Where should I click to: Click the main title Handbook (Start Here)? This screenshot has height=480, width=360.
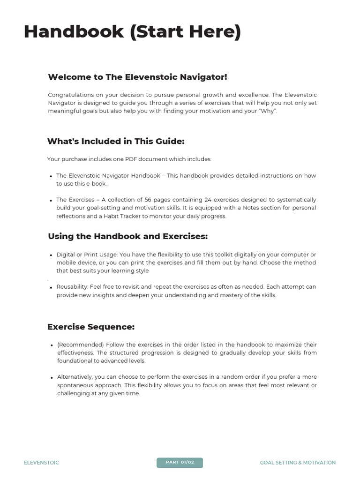(x=132, y=32)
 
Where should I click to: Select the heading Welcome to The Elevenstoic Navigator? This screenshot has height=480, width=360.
(x=137, y=77)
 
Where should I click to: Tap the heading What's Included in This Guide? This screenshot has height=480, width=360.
(x=116, y=141)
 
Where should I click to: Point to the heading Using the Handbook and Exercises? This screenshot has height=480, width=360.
(x=127, y=236)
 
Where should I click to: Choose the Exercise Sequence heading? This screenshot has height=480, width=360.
(x=91, y=327)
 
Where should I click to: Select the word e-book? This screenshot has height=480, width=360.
(x=97, y=184)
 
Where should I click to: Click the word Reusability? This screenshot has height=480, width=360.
(x=72, y=287)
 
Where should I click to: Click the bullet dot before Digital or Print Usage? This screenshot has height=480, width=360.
(x=51, y=255)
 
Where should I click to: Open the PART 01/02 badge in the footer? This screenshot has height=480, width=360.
(x=180, y=463)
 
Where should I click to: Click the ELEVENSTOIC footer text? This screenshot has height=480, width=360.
(x=41, y=463)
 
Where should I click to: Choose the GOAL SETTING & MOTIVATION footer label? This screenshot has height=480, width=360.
(x=298, y=463)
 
